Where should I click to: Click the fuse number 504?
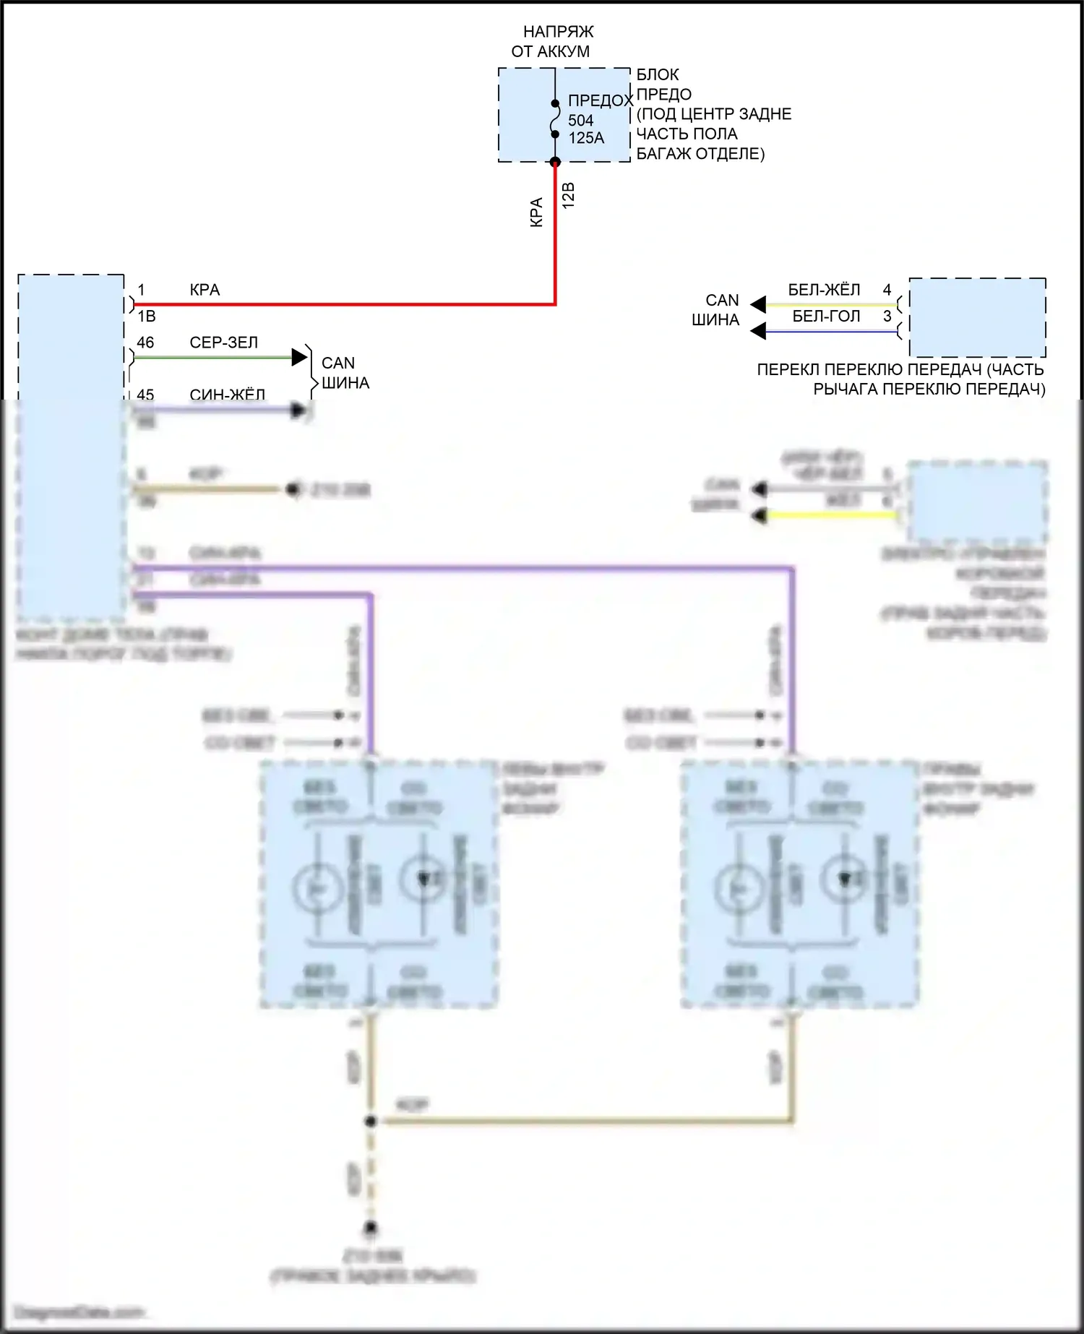[x=580, y=121]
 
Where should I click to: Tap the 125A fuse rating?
[x=586, y=138]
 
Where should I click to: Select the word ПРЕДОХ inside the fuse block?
[x=600, y=101]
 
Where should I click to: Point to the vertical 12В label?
[x=569, y=196]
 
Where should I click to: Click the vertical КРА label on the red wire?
[x=536, y=213]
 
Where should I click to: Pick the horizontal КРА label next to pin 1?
[x=205, y=291]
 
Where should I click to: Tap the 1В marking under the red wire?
[x=147, y=317]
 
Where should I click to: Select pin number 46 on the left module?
[x=145, y=343]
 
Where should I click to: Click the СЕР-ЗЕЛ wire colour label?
[x=223, y=343]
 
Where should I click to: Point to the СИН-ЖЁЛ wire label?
[x=227, y=395]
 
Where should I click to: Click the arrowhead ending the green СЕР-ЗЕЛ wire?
[x=299, y=357]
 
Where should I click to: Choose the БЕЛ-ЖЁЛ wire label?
[x=824, y=291]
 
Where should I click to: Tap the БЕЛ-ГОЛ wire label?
[x=826, y=317]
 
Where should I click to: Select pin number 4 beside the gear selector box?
[x=887, y=291]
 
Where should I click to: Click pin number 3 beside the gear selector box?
[x=887, y=317]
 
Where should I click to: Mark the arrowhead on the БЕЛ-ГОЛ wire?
[x=758, y=332]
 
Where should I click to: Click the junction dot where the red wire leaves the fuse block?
[x=555, y=162]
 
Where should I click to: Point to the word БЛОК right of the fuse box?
[x=658, y=75]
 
